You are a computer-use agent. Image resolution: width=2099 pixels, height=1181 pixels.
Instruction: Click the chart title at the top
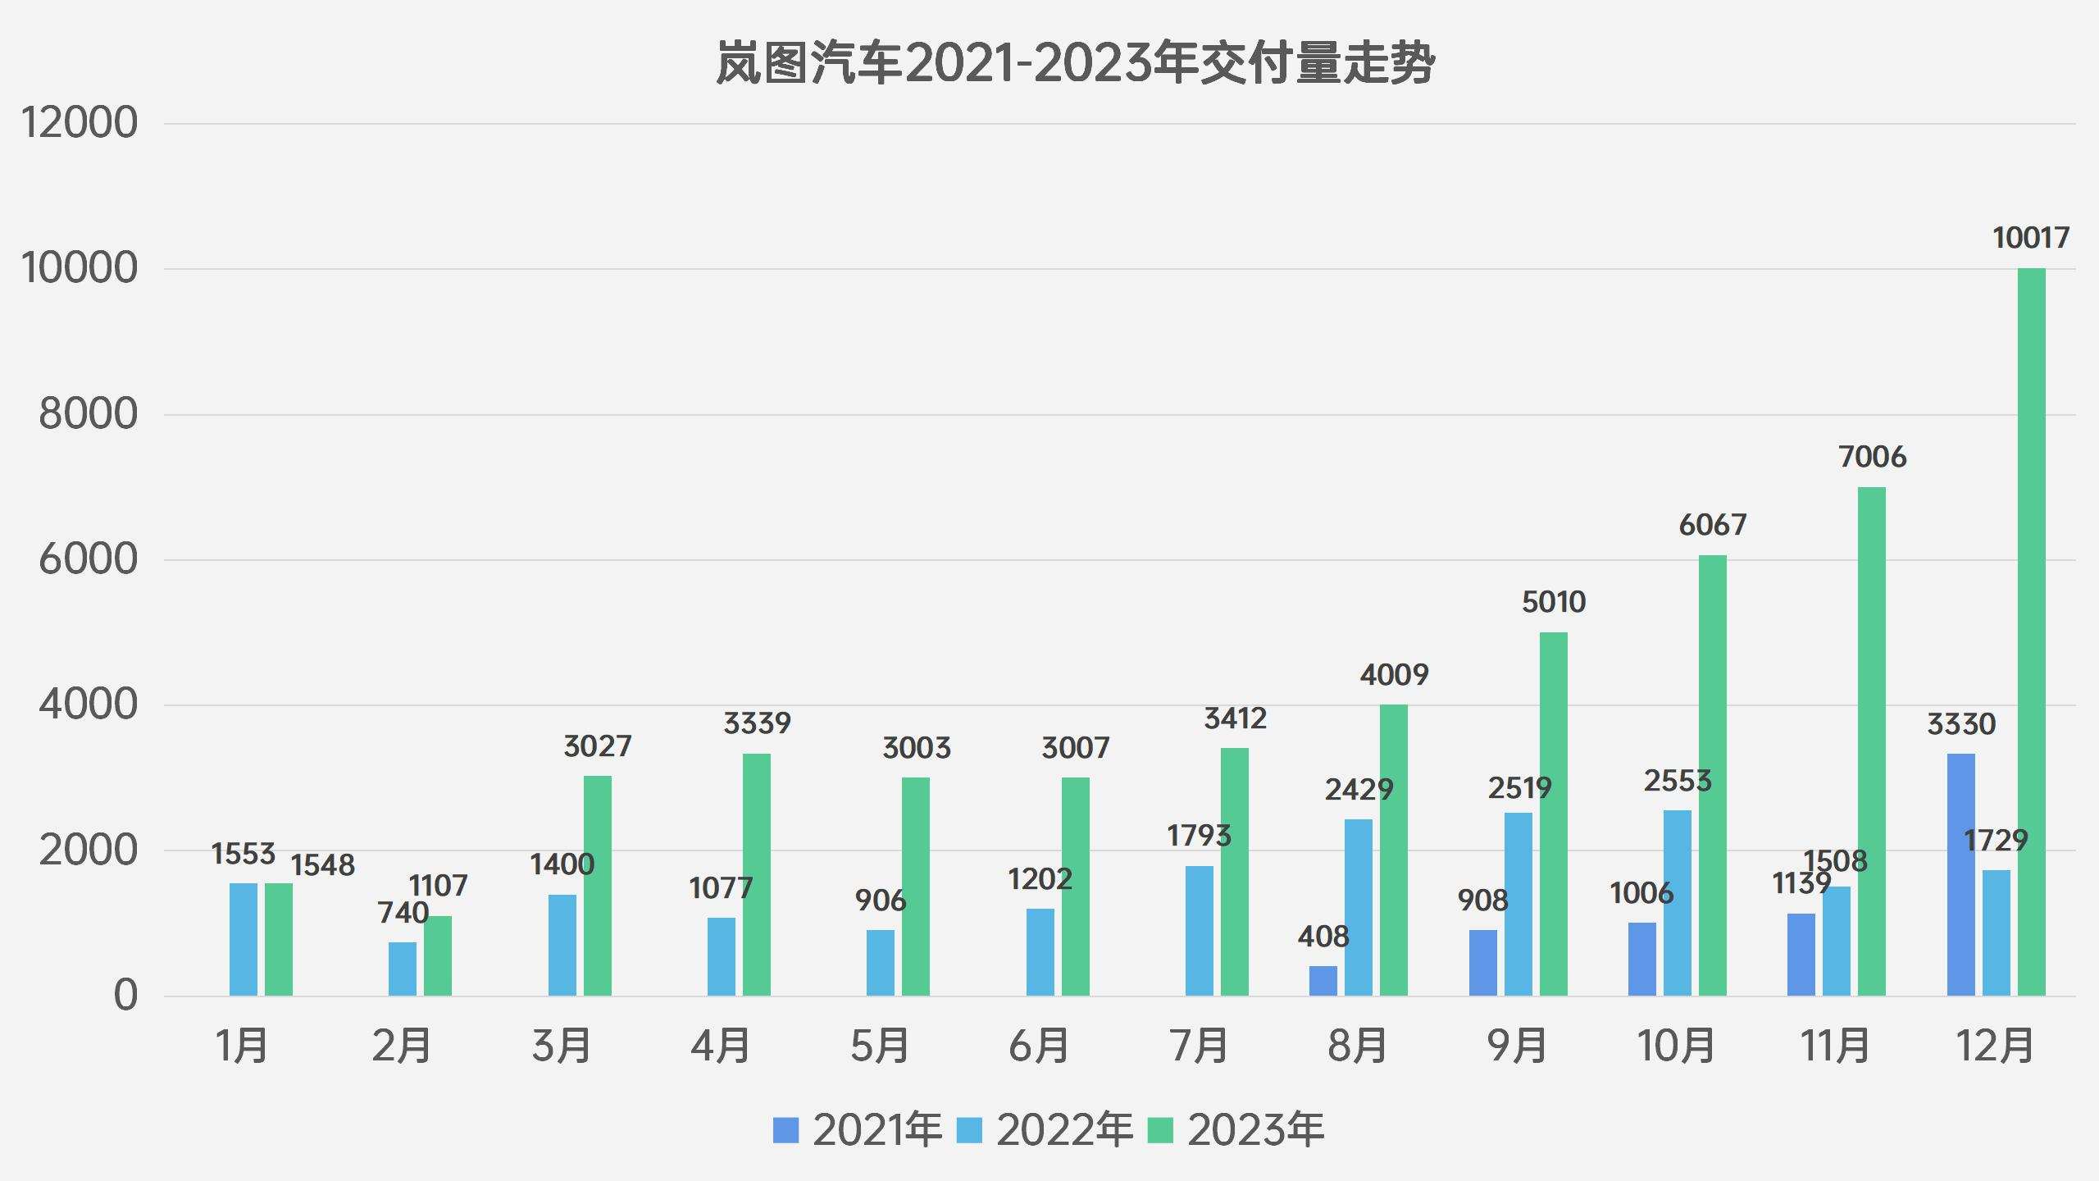coord(1075,64)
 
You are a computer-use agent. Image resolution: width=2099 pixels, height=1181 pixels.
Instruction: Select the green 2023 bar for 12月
coord(2031,632)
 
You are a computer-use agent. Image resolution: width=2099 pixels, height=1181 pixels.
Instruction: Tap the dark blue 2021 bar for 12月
coord(1960,874)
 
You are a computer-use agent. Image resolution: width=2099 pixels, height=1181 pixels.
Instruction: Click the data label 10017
coord(2030,239)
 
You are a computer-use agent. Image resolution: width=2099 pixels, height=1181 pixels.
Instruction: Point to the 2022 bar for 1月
coord(244,939)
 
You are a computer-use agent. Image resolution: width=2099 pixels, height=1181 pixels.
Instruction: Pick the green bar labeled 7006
coord(1872,741)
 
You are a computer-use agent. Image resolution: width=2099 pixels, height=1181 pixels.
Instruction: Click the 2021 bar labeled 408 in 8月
coord(1323,981)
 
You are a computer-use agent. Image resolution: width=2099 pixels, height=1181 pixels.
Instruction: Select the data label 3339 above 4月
coord(757,723)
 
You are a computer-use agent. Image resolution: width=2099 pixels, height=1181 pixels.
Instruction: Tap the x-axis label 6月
coord(1039,1046)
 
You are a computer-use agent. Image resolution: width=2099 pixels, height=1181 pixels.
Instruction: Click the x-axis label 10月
coord(1676,1046)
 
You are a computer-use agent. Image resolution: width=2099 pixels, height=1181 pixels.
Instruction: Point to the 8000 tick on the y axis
coord(88,414)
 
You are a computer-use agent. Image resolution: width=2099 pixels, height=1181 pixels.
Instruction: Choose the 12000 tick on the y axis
coord(80,124)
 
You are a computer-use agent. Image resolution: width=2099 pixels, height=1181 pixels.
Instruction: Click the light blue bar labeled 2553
coord(1677,903)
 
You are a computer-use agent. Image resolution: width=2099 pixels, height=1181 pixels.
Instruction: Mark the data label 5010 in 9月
coord(1554,603)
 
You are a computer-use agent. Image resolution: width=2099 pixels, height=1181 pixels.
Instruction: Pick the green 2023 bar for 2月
coord(438,955)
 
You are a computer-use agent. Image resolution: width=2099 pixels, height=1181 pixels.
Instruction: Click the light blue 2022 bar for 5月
coord(881,963)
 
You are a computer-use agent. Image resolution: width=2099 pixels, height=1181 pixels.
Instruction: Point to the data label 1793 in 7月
coord(1199,837)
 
